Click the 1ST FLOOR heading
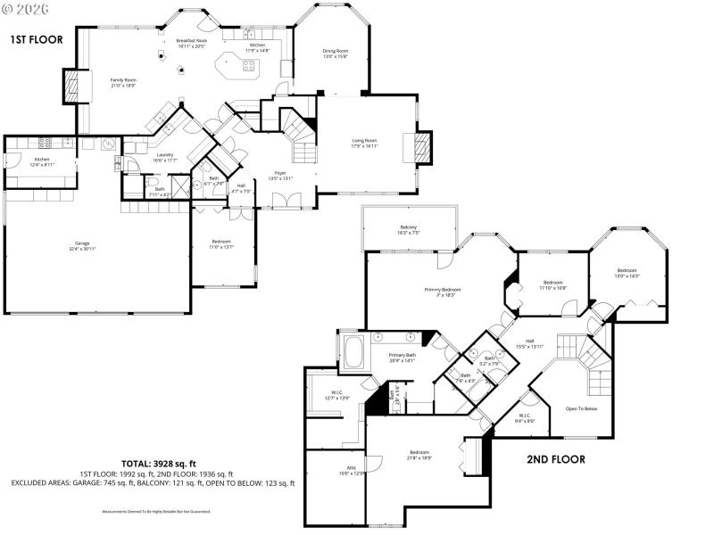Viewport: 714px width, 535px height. [x=35, y=39]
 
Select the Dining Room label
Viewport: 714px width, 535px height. [x=335, y=51]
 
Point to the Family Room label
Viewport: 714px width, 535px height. [x=123, y=79]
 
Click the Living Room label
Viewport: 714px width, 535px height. [x=363, y=140]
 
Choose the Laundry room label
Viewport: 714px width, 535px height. [x=164, y=154]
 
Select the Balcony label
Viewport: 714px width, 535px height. [x=409, y=227]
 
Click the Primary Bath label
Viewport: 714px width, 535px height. [x=403, y=355]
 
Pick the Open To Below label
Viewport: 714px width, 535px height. [x=583, y=409]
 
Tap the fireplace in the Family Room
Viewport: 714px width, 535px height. [x=71, y=86]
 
